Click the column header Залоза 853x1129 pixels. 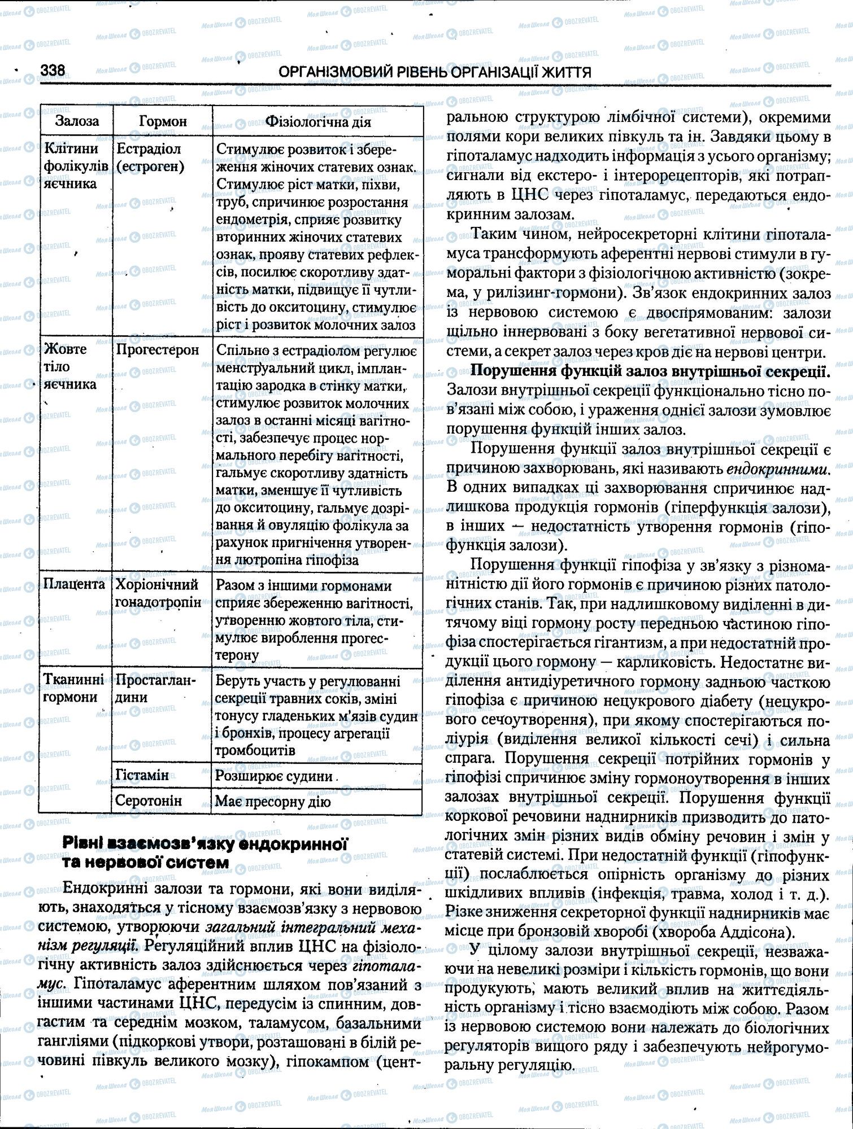(x=77, y=121)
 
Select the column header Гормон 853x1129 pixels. (x=163, y=121)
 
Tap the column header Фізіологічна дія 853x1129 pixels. (x=318, y=121)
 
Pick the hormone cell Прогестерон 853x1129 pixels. (x=158, y=350)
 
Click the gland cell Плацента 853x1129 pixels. (x=74, y=584)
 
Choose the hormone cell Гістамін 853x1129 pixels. (x=142, y=775)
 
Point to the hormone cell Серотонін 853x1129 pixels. (x=149, y=800)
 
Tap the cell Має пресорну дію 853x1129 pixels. (x=273, y=802)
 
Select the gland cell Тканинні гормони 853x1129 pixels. (x=74, y=689)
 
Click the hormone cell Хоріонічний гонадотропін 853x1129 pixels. (x=158, y=593)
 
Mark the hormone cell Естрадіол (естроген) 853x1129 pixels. (x=150, y=158)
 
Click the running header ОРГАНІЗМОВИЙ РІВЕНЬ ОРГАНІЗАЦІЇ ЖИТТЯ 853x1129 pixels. (x=436, y=72)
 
